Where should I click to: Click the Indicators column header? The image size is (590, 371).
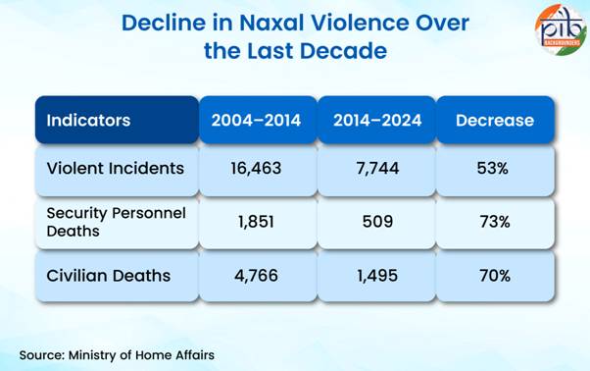point(88,121)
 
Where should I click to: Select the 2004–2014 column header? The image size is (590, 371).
point(258,121)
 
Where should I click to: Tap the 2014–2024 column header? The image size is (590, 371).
point(377,121)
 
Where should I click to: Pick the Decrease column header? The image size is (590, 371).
point(495,121)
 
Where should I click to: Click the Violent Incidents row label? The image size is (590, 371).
point(116,168)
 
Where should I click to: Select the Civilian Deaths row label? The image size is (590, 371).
point(108,276)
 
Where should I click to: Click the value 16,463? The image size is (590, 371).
point(258,168)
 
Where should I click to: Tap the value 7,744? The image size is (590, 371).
point(377,168)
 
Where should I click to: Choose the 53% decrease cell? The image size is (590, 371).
point(495,168)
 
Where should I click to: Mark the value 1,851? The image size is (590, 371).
point(258,221)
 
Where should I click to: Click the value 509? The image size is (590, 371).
point(377,221)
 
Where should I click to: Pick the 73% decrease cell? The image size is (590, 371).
point(495,221)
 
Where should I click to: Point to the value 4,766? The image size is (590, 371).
point(258,276)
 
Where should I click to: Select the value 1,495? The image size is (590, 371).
point(377,276)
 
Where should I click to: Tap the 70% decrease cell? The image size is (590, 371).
point(495,276)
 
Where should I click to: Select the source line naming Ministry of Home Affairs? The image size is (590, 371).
point(117,353)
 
